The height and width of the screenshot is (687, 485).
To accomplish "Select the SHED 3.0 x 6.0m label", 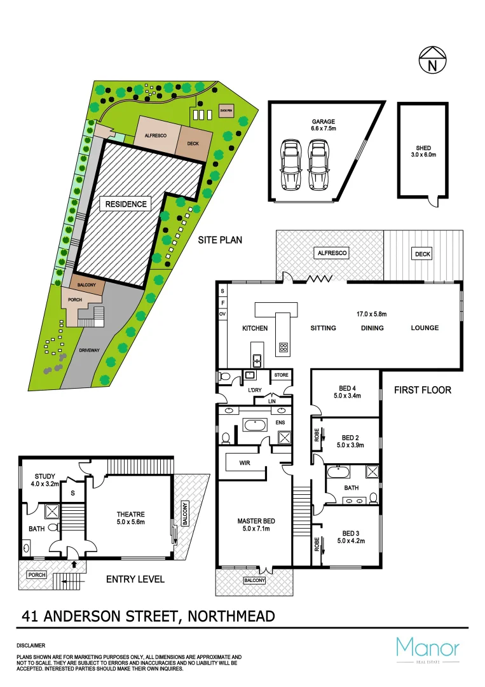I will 423,152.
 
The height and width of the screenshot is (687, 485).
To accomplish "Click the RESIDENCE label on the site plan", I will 126,204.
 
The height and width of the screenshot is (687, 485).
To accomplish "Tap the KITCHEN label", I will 255,328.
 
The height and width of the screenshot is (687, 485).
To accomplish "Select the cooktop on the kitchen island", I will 283,348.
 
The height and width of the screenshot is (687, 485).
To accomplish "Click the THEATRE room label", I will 130,514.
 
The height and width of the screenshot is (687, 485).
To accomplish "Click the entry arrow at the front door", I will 74,563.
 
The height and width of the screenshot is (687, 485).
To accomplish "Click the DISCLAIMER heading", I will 31,645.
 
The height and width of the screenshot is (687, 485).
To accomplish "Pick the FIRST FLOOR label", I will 422,389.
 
